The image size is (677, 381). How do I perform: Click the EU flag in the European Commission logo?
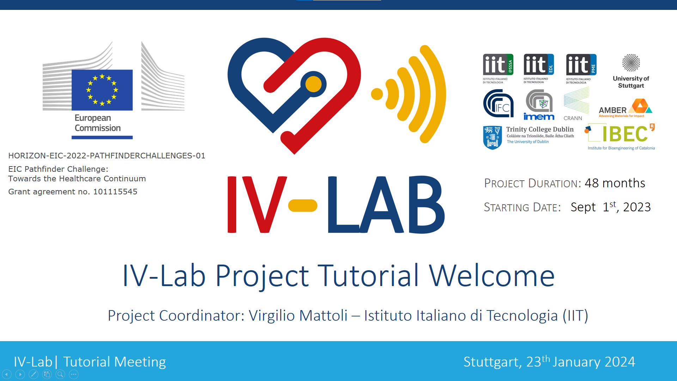point(102,90)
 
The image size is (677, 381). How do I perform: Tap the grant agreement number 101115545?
point(115,192)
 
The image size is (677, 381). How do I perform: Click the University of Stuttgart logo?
point(631,71)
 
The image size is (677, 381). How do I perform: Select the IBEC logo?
point(621,137)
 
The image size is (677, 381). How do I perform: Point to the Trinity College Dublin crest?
point(493,138)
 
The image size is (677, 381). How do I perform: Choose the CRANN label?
point(573,118)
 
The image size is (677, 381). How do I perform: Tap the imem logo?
point(539,105)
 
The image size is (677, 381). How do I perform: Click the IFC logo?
point(498,103)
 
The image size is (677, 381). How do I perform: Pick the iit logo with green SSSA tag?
point(498,69)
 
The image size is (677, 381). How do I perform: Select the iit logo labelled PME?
point(581,69)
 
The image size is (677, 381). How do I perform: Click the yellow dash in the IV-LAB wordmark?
point(303,206)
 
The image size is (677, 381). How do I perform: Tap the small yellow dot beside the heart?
point(377,94)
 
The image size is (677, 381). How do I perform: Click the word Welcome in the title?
point(492,276)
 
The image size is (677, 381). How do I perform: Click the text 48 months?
point(615,183)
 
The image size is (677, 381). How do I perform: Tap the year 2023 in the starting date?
point(637,207)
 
